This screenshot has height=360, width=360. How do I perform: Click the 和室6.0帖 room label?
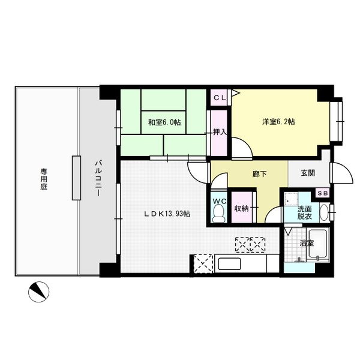[x=164, y=122]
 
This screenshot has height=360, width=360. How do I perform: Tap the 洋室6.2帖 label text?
[x=278, y=121]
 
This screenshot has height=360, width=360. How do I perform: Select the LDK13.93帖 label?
[x=167, y=214]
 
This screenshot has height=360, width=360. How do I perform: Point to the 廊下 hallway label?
[x=259, y=174]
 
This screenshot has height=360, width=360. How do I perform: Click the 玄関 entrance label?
[x=308, y=173]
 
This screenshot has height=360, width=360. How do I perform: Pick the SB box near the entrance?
[x=323, y=193]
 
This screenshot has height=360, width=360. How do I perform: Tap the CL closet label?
[x=220, y=98]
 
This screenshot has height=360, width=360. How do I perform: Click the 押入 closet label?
[x=220, y=132]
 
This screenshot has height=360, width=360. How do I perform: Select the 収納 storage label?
[x=241, y=208]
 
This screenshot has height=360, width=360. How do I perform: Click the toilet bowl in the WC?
[x=218, y=213]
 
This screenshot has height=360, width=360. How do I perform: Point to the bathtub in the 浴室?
[x=318, y=244]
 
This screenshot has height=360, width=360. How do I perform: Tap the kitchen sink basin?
[x=229, y=264]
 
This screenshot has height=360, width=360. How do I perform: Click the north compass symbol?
[x=38, y=292]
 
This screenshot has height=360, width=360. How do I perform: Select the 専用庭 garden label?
[x=44, y=179]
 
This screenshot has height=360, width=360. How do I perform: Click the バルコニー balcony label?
[x=98, y=179]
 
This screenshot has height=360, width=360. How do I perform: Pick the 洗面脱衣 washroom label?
[x=304, y=212]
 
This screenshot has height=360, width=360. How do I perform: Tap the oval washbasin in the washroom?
[x=324, y=212]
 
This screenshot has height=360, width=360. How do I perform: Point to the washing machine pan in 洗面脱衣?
[x=291, y=199]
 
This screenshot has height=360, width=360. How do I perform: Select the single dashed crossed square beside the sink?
[x=202, y=263]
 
